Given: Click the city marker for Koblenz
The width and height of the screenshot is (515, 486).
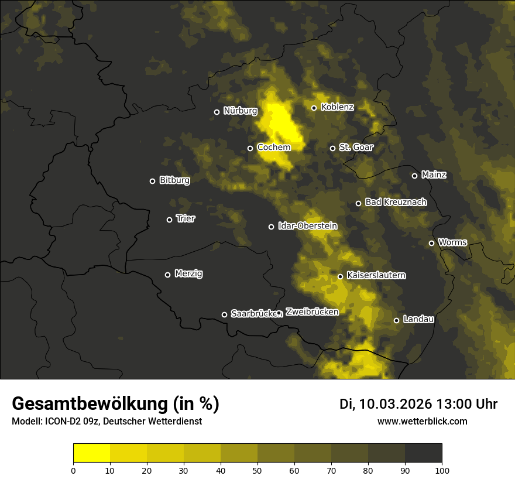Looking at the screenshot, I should tap(314, 108).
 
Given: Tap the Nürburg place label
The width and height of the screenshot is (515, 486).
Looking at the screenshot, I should tap(240, 111).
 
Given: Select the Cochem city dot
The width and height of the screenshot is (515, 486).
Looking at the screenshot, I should tap(250, 148).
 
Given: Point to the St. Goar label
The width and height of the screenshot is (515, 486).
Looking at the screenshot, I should tap(356, 148).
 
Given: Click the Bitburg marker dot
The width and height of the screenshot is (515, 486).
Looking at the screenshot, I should tap(152, 181).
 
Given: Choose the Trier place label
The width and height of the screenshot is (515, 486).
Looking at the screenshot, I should tap(186, 218).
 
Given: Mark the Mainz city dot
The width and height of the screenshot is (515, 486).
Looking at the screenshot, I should tap(414, 176).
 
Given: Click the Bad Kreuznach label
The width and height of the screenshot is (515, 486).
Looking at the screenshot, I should tap(396, 202).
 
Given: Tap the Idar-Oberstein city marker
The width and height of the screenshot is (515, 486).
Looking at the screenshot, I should tap(271, 227).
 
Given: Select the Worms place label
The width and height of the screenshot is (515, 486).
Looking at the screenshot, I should tap(452, 242).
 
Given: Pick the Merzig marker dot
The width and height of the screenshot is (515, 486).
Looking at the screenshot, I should tap(167, 275).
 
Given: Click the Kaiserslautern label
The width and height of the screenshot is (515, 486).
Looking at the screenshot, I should tap(376, 275).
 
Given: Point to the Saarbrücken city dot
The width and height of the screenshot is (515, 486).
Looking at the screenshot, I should tap(224, 314).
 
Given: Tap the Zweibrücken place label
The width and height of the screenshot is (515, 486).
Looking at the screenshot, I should tap(312, 312).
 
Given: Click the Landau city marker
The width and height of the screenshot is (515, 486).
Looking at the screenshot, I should tap(396, 320).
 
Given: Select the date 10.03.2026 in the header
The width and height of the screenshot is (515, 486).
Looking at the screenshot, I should tap(396, 404).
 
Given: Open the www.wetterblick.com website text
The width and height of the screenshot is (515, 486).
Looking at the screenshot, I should tap(422, 421).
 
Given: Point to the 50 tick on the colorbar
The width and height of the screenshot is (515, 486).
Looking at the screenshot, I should tap(257, 470).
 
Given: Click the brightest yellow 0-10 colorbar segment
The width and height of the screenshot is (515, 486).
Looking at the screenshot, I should tap(92, 453).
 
